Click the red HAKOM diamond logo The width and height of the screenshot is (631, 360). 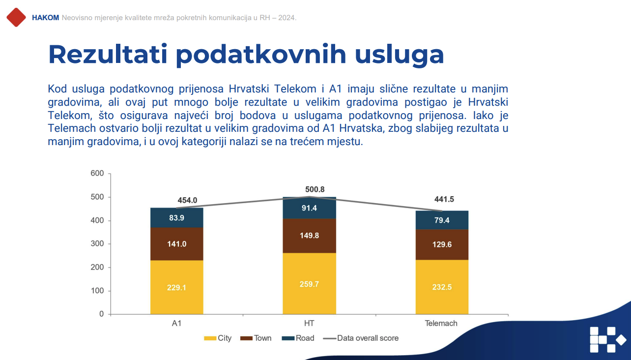16,17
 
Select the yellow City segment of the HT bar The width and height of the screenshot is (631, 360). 309,283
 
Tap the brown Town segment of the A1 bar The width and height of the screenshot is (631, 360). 176,243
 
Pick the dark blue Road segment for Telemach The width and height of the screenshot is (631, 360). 442,220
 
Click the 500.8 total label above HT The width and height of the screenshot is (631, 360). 315,189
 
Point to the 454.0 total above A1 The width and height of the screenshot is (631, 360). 187,200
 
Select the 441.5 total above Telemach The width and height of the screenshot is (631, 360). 444,199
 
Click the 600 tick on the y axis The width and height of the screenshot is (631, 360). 97,174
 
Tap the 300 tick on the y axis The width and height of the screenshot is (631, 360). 97,244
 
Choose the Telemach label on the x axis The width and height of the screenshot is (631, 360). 441,323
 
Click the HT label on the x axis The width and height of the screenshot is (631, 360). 309,323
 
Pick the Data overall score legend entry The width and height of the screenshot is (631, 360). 361,338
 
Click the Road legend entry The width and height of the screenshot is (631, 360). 298,338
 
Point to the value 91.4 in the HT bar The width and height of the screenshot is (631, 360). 309,208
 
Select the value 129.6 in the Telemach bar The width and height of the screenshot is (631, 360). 442,244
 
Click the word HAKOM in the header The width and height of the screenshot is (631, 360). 45,18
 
